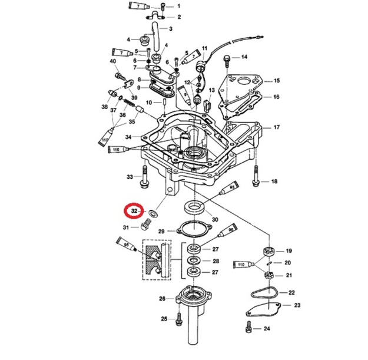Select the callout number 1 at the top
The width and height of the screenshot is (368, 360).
pos(179,6)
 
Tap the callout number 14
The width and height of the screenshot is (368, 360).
pos(244,57)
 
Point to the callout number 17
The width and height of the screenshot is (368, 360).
pos(276,127)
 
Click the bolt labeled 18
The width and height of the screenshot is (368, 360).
pos(256,176)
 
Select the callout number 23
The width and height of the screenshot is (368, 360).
pos(297,305)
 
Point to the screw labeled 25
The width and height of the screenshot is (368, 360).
pos(178,319)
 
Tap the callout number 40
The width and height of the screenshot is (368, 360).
pos(113,61)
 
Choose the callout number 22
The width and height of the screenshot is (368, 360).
pos(291,292)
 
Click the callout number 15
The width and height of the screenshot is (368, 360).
pos(276,80)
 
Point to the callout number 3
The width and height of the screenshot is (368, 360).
pos(170,29)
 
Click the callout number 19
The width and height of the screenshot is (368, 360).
pos(289,251)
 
